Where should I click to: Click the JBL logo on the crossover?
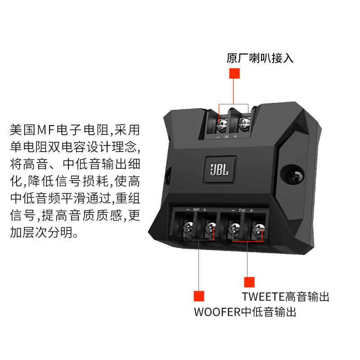coord(220,170)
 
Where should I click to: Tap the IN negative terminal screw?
coord(222,126)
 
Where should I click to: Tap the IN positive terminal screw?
coord(244,124)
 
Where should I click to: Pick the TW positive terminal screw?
coord(258,229)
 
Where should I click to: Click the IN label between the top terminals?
coord(227,137)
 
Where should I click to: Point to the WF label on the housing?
coord(196,210)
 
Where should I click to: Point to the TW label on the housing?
coord(242,210)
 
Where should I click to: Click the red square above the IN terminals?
coord(234,73)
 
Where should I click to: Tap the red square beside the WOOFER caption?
coord(199,296)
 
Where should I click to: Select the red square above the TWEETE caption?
coord(249,282)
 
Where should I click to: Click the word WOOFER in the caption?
coord(217,312)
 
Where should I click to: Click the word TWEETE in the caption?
coord(263,297)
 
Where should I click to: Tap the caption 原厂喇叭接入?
coord(260,58)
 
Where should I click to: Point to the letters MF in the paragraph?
coord(46,130)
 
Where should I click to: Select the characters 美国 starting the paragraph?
coord(22,130)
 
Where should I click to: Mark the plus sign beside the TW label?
coord(252,211)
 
